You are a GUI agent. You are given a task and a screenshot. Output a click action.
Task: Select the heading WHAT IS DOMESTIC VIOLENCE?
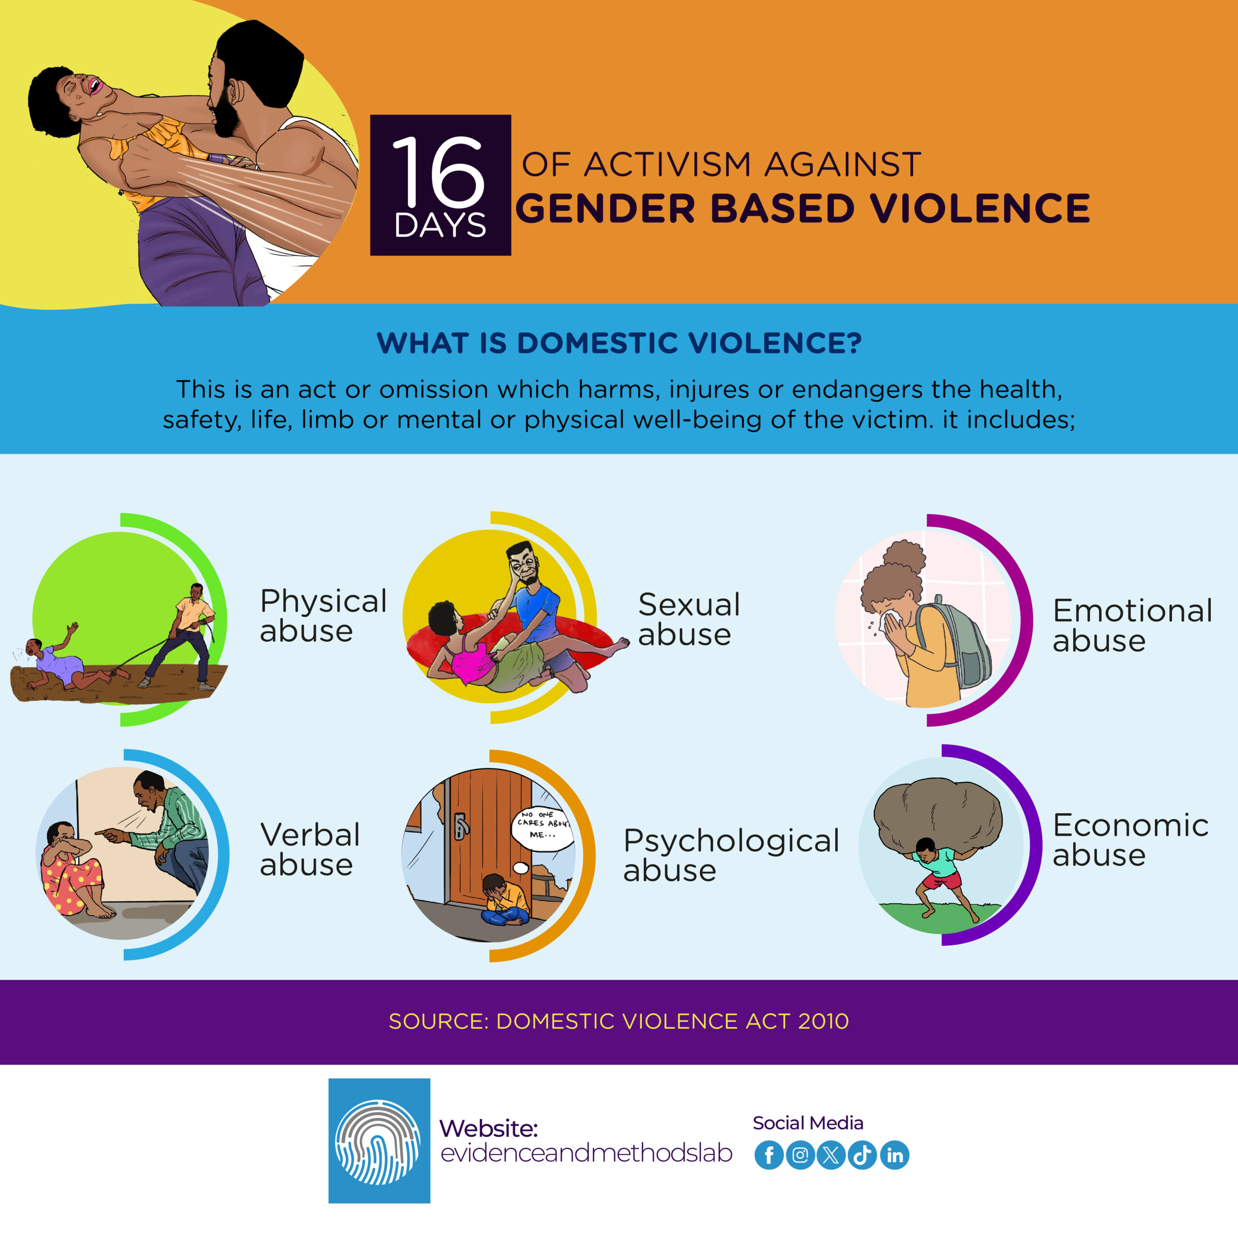[x=619, y=343]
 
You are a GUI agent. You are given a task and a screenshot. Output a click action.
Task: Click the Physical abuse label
[x=323, y=616]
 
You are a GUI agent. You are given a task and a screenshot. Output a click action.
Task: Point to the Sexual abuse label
[x=689, y=619]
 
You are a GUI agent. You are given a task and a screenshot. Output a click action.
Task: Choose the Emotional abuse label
[x=1132, y=625]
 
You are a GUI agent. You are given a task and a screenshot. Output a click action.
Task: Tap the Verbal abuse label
[x=309, y=850]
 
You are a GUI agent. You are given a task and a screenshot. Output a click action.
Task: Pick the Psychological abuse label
[x=731, y=855]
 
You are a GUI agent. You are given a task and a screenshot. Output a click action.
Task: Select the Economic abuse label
[x=1130, y=840]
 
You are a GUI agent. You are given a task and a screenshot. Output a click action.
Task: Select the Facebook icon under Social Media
[x=769, y=1155]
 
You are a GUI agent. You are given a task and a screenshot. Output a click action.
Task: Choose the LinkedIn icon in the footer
[x=895, y=1155]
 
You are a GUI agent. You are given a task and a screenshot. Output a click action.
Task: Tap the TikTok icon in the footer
[x=863, y=1155]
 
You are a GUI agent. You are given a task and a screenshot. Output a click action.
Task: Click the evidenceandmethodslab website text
[x=586, y=1153]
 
